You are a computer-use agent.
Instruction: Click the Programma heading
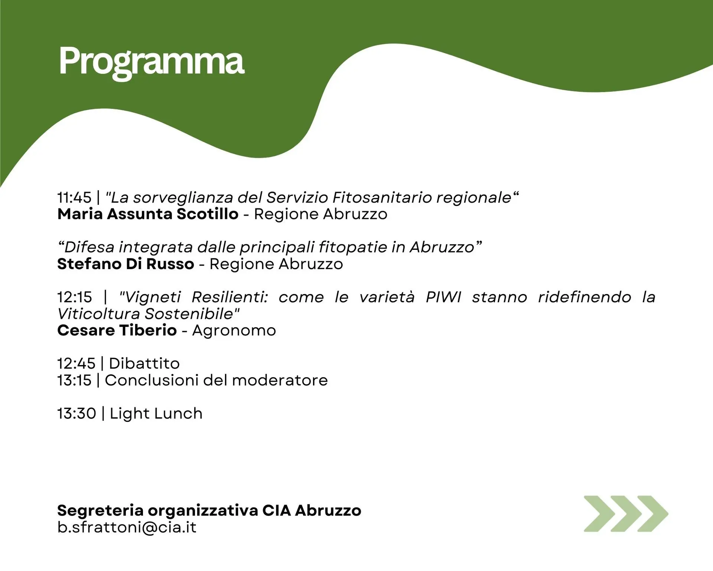152,62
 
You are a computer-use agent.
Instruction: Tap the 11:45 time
74,197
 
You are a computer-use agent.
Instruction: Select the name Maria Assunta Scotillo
148,214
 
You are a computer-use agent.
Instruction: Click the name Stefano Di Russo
126,264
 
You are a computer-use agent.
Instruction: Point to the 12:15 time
75,297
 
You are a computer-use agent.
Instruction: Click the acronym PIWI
443,297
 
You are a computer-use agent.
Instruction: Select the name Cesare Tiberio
117,330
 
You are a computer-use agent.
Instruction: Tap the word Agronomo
234,330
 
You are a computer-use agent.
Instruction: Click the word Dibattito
144,364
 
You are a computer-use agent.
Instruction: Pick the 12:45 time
76,364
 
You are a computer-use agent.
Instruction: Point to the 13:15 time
74,380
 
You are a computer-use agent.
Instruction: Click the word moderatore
280,380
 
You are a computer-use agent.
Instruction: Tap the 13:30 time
77,413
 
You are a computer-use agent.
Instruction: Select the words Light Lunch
156,414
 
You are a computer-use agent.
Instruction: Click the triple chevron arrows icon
626,514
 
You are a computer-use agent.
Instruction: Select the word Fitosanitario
382,197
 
